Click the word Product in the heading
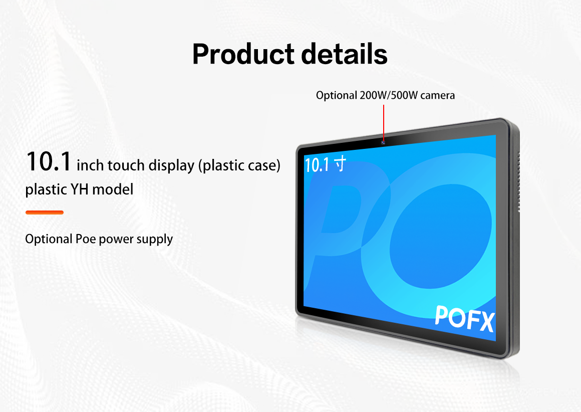(x=243, y=54)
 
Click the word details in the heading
(x=345, y=54)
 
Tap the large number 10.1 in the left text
(x=49, y=162)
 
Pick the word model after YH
(x=113, y=189)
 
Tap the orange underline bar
(x=45, y=213)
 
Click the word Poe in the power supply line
(x=86, y=239)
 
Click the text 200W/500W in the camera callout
(x=389, y=95)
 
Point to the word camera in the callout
(x=438, y=96)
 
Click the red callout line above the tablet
(x=384, y=122)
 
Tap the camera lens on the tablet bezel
(x=383, y=142)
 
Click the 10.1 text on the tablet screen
(x=317, y=165)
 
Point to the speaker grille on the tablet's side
(x=519, y=181)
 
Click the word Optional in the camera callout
(x=337, y=96)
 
